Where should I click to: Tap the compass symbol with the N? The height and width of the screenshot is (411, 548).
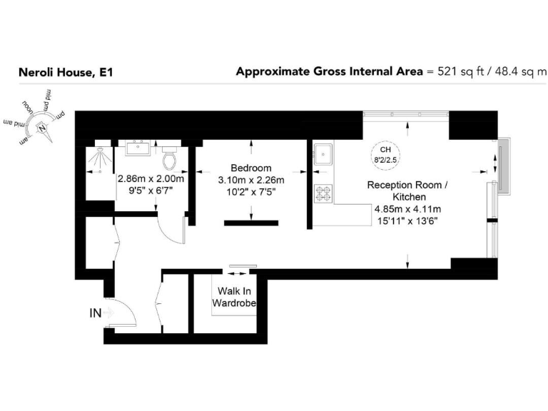[43, 128]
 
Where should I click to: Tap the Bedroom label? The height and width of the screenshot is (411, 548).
[250, 168]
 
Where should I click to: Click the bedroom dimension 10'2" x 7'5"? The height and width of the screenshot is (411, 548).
[250, 191]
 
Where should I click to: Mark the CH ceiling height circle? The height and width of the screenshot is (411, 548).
[385, 154]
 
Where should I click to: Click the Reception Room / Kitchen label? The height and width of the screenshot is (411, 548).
[407, 191]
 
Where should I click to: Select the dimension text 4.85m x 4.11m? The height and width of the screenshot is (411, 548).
[407, 209]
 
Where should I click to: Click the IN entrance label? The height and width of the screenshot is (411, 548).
[95, 312]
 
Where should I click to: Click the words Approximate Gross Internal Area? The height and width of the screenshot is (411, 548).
[329, 71]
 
